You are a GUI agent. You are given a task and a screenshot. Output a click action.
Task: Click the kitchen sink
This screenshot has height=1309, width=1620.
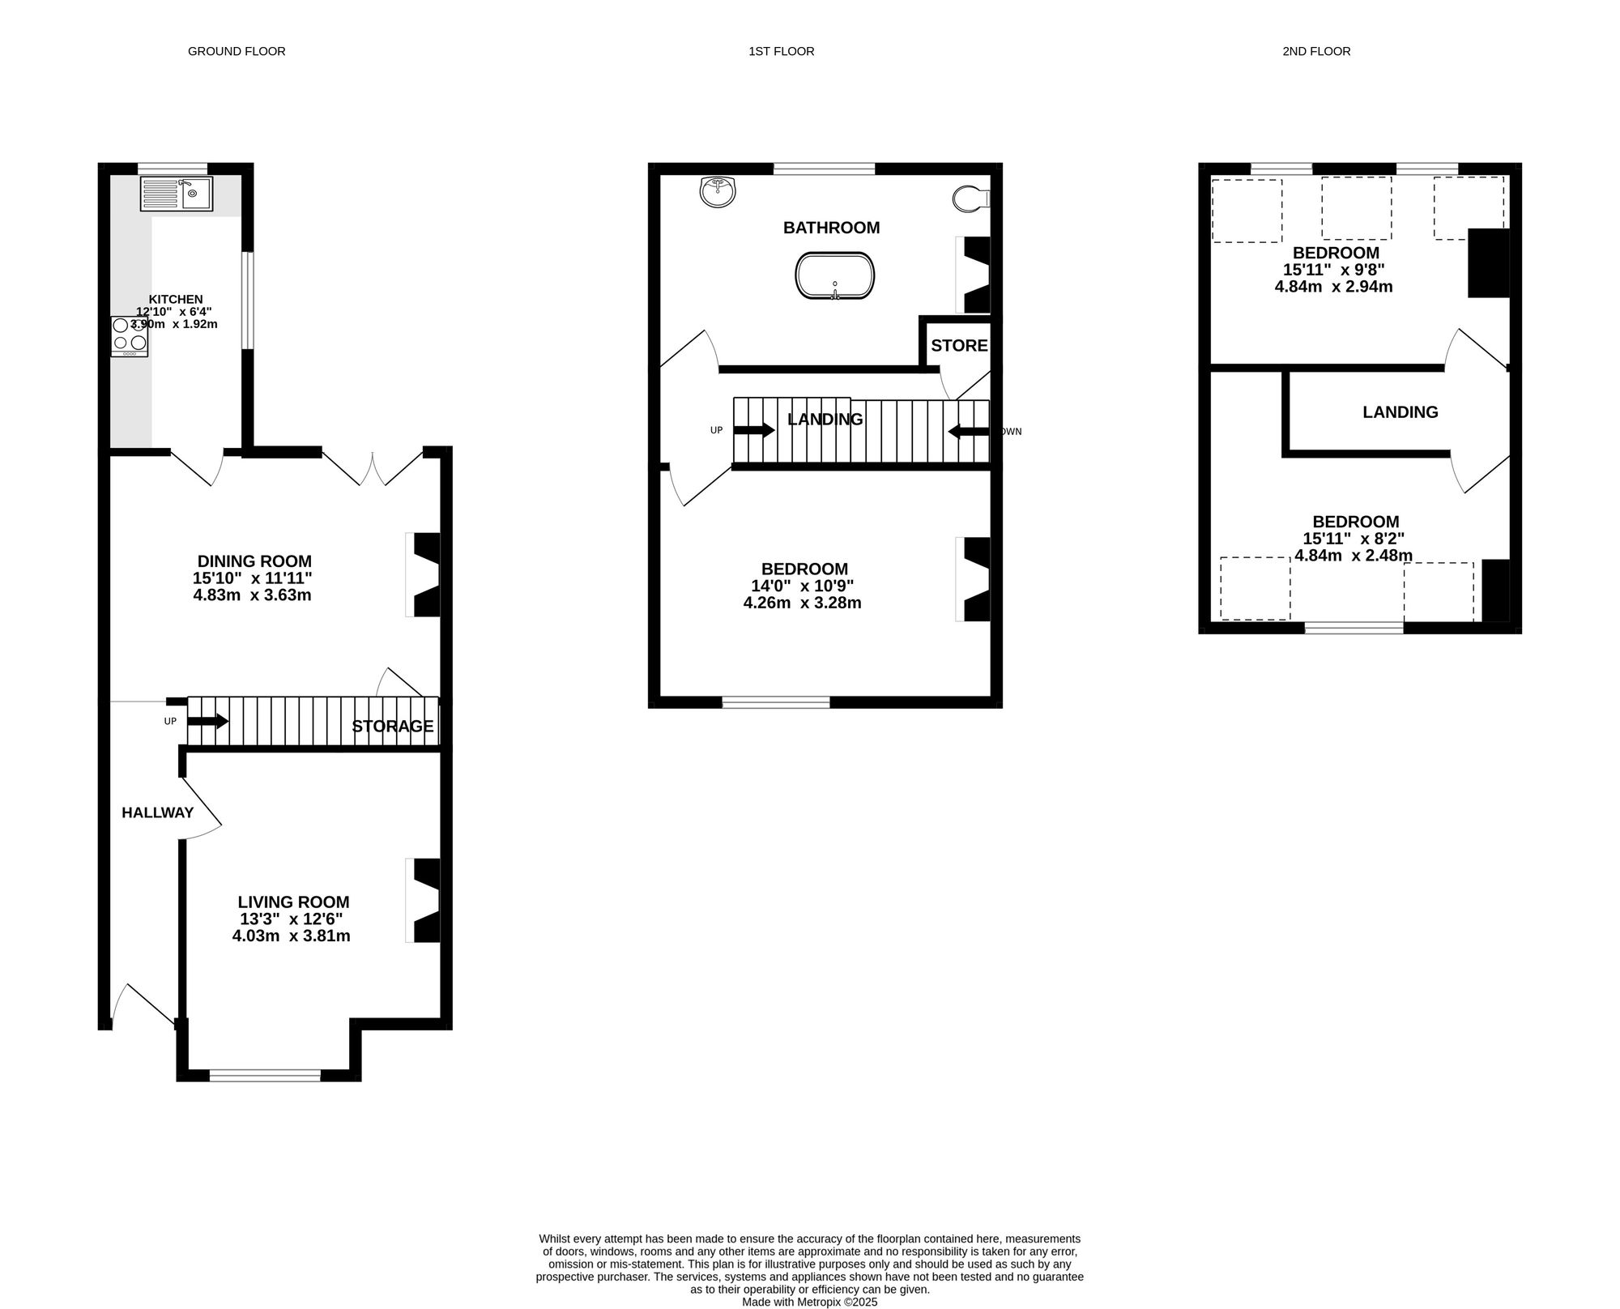point(177,194)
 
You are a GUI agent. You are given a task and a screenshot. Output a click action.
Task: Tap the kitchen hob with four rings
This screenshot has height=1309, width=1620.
point(130,336)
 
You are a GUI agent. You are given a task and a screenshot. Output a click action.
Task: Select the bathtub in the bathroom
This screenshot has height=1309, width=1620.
point(835,275)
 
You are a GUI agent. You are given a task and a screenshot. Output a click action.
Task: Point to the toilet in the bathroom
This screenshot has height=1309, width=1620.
point(970,198)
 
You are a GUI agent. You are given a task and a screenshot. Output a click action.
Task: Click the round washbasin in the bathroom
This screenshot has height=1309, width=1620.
point(718,191)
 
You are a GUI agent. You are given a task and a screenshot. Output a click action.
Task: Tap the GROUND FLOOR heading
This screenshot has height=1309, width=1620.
point(237,51)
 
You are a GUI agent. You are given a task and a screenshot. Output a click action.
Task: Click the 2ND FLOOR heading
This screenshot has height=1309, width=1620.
point(1316,51)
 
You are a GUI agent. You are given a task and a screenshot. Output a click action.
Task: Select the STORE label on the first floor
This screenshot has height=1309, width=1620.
point(959,346)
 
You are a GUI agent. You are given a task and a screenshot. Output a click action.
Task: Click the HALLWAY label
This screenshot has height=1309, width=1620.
point(158,812)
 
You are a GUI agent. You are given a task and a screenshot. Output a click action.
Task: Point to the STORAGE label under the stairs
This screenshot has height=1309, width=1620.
point(393,727)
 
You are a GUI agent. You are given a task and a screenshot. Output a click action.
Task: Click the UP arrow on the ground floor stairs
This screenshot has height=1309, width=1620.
point(209,721)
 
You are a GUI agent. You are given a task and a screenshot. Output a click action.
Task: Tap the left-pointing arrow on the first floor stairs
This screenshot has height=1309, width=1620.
point(969,432)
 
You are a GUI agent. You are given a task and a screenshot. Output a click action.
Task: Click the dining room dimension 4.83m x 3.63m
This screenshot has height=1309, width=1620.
point(252,595)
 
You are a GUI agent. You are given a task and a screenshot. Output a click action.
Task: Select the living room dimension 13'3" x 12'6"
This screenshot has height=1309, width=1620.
point(292,919)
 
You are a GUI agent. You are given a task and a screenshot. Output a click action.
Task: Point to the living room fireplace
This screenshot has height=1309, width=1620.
point(423,900)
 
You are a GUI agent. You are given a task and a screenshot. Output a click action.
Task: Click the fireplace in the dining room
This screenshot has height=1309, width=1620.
point(423,575)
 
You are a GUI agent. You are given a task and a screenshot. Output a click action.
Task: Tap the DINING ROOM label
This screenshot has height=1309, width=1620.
point(254,561)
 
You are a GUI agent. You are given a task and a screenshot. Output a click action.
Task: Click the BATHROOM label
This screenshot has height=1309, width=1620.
point(831,228)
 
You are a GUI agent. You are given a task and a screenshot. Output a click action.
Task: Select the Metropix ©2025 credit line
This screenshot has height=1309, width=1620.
point(810,1303)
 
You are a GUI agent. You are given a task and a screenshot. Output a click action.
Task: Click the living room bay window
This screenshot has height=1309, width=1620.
point(266,1076)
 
